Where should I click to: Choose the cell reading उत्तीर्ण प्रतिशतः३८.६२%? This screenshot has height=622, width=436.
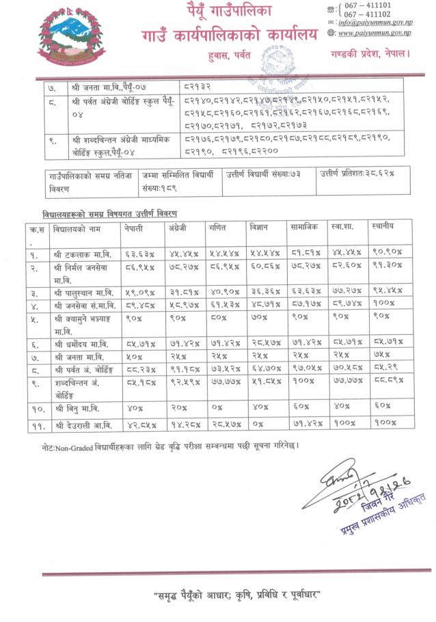[355, 174]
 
